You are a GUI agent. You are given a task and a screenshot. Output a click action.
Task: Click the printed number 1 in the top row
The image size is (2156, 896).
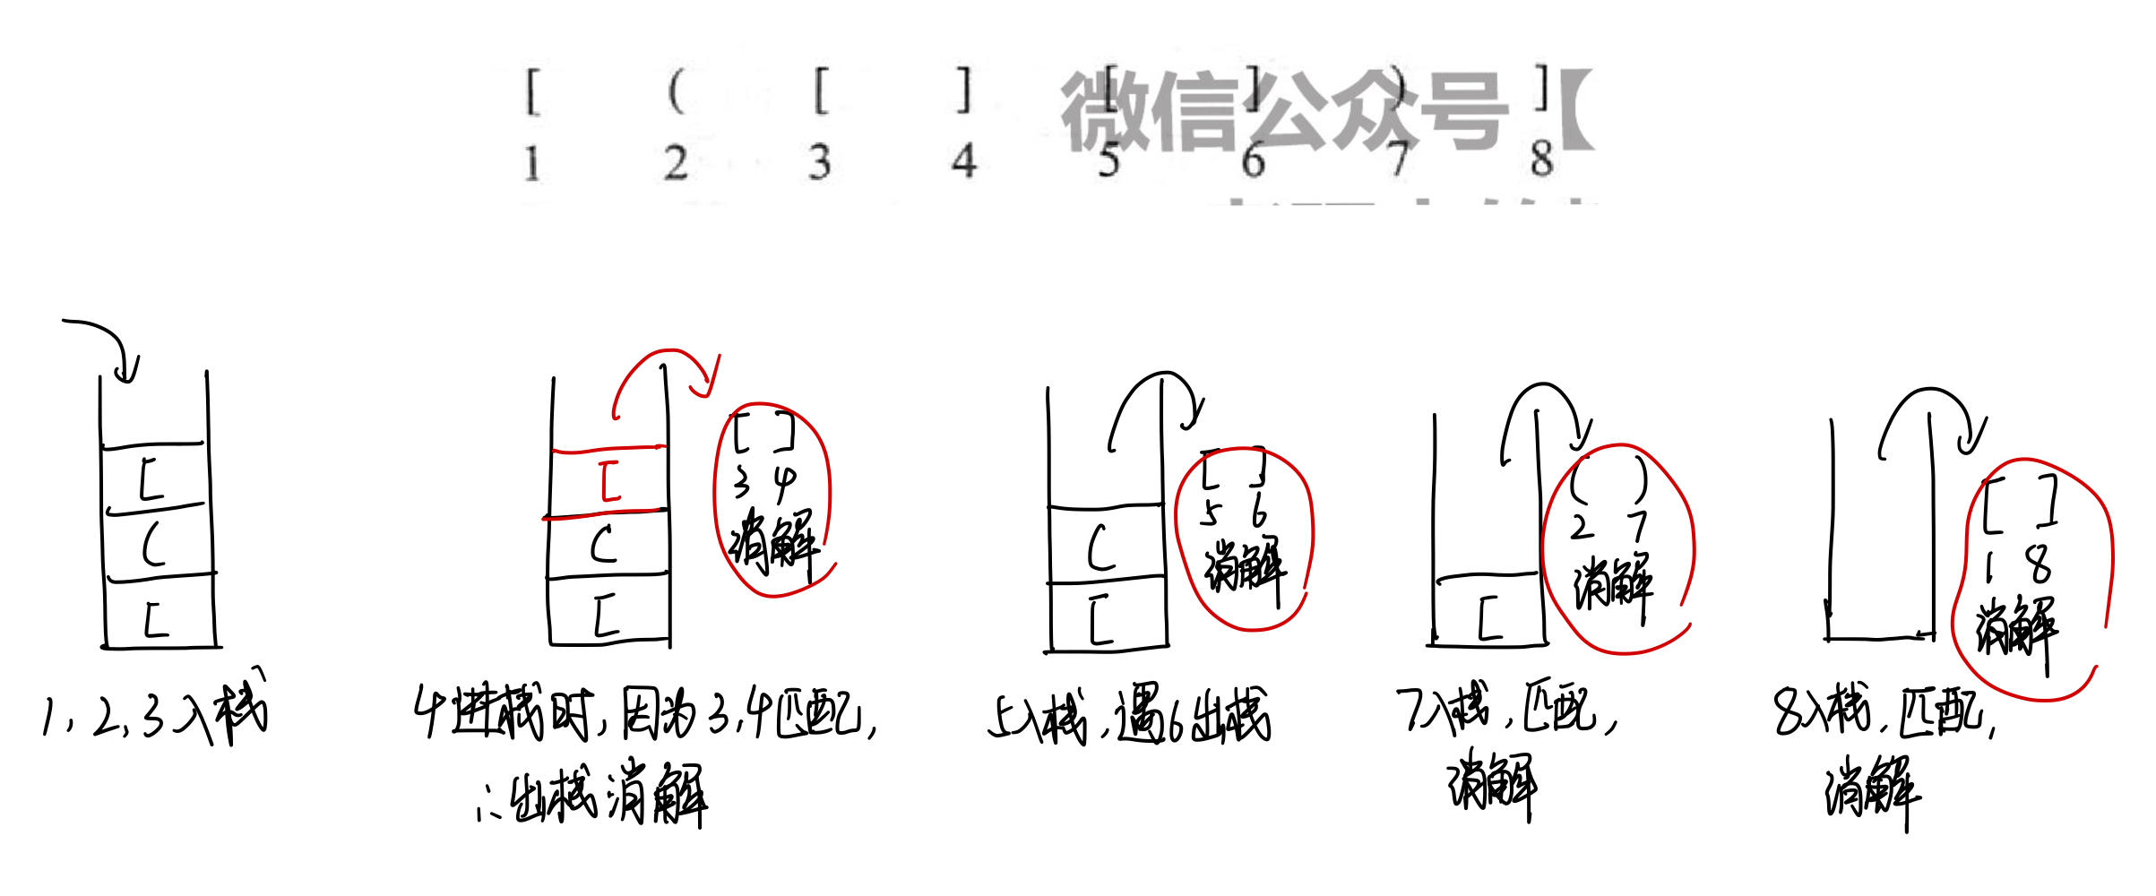coord(532,164)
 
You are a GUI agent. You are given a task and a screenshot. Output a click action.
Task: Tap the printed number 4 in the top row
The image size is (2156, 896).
coord(963,162)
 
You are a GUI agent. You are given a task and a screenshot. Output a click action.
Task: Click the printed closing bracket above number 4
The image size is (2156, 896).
coord(963,90)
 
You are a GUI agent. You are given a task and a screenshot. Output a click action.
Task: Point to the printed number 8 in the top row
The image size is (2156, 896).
coord(1541,159)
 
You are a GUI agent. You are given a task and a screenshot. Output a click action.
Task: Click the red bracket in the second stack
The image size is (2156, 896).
coord(610,481)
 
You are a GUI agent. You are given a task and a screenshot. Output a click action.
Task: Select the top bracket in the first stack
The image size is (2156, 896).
coord(151,478)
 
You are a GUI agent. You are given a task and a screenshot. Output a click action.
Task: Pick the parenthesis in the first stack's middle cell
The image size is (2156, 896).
coord(154,544)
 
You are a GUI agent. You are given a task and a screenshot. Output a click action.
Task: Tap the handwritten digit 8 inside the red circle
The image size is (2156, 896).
coord(2040,564)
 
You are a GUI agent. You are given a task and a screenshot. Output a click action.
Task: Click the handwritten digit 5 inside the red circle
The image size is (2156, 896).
coord(1211,513)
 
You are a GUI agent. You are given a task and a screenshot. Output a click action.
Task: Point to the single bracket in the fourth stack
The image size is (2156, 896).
coord(1489,618)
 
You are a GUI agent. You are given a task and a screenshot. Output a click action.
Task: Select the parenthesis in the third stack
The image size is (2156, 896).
coord(1101,547)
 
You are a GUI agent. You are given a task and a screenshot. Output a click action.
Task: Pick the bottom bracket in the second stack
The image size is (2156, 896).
coord(607,616)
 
